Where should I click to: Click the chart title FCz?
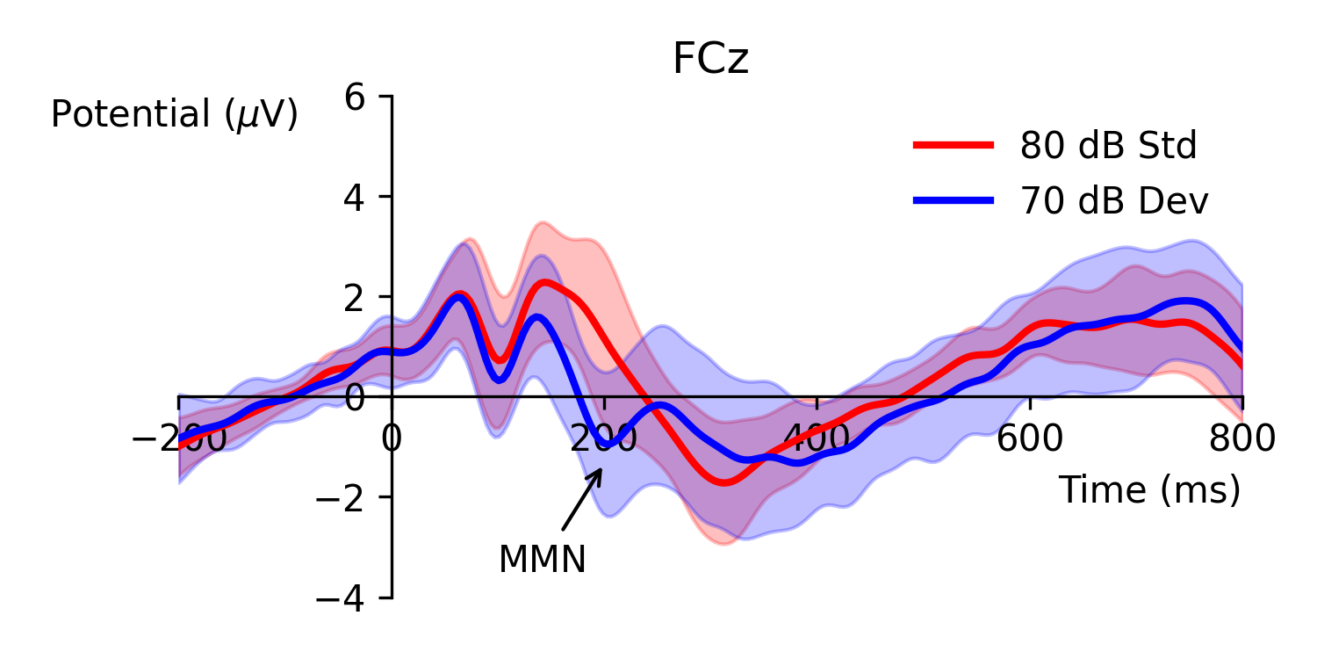pyautogui.click(x=710, y=61)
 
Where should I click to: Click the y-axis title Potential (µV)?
pyautogui.click(x=175, y=115)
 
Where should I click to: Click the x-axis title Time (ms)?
pyautogui.click(x=1149, y=490)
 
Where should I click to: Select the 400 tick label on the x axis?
pyautogui.click(x=817, y=438)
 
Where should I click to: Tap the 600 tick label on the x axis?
pyautogui.click(x=1030, y=438)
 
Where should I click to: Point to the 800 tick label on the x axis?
pyautogui.click(x=1241, y=438)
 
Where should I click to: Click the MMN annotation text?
pyautogui.click(x=542, y=560)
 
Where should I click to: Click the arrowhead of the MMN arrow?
pyautogui.click(x=601, y=471)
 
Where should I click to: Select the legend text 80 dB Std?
pyautogui.click(x=1108, y=146)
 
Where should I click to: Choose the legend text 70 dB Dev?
pyautogui.click(x=1114, y=202)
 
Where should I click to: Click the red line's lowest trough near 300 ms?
pyautogui.click(x=723, y=482)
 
